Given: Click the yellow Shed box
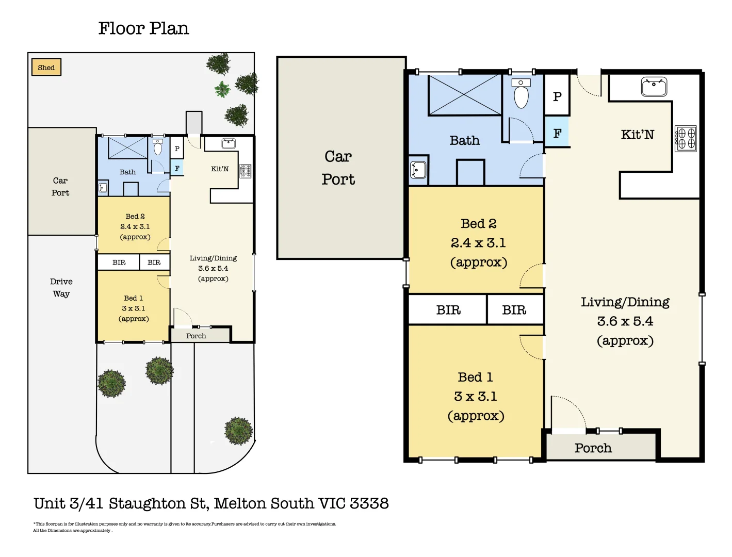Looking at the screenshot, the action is tap(46, 67).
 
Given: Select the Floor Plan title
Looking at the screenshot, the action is tap(144, 28).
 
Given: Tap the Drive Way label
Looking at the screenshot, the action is tap(61, 288).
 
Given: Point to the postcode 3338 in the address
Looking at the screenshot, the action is tap(369, 503).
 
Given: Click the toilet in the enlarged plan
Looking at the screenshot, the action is tap(521, 93).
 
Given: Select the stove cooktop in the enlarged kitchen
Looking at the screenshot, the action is tap(686, 139).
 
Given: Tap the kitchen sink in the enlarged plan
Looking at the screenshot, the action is tap(654, 87).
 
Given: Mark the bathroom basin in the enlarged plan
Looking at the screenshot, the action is tap(418, 170).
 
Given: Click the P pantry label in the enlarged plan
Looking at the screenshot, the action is tap(557, 96).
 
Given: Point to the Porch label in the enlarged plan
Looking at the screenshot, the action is tap(593, 448).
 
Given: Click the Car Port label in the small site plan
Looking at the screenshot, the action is tap(60, 187).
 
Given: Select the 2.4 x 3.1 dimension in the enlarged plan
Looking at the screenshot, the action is tap(478, 243).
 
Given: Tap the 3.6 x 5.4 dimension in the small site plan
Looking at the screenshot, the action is tap(213, 268).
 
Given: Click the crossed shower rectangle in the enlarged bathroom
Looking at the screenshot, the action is tap(465, 95).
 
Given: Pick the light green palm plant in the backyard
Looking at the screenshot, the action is tap(222, 89).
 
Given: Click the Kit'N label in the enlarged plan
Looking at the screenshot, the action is tap(637, 135).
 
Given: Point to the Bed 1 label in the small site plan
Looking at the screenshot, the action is tap(134, 298).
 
